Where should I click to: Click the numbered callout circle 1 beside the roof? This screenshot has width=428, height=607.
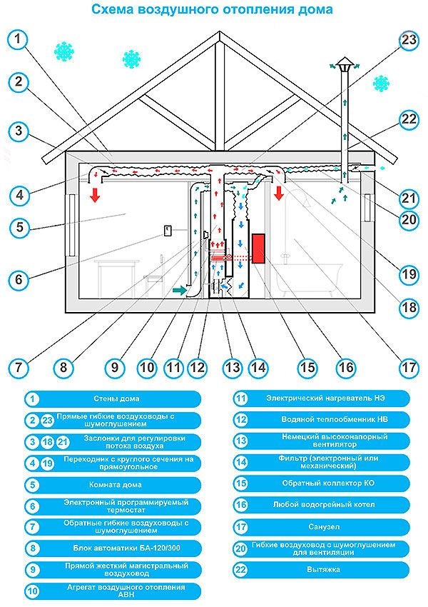click(x=18, y=39)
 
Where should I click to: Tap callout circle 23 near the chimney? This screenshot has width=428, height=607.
click(x=409, y=40)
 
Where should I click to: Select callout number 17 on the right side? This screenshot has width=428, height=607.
click(x=409, y=366)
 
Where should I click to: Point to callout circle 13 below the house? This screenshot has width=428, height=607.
click(x=233, y=366)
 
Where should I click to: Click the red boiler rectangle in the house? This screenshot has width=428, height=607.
click(x=258, y=249)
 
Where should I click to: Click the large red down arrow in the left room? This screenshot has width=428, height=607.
click(x=95, y=194)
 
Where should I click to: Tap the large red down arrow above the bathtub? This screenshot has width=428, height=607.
click(x=278, y=192)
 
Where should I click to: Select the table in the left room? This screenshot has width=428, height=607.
click(x=117, y=278)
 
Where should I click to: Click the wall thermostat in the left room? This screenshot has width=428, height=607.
click(x=168, y=230)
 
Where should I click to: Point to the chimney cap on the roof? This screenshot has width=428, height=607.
click(x=344, y=65)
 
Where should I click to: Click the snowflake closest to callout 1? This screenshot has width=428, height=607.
click(x=63, y=51)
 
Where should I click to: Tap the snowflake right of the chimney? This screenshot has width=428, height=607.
click(x=381, y=84)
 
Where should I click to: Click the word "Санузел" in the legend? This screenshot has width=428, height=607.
click(x=324, y=526)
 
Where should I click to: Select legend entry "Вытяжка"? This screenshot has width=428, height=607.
click(x=324, y=569)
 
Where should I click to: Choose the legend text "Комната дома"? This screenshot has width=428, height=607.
click(x=116, y=485)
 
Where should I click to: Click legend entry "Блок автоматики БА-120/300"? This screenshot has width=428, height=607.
click(x=126, y=548)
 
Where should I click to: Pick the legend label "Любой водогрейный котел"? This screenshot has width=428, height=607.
click(x=324, y=505)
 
